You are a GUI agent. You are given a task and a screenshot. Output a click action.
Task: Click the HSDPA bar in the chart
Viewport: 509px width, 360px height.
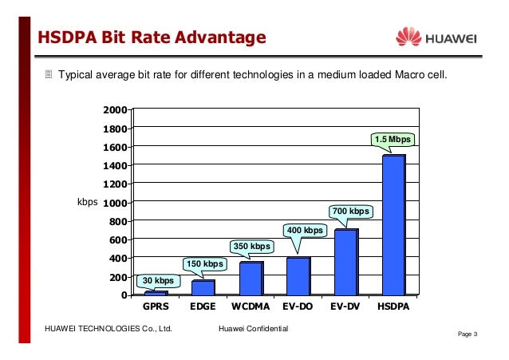[x=394, y=225]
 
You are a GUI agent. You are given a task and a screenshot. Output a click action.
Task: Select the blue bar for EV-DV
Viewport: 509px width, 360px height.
[x=346, y=262]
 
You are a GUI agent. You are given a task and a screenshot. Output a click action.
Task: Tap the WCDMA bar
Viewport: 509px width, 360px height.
[x=251, y=279]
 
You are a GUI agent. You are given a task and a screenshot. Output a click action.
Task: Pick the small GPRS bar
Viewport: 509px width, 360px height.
[x=156, y=293]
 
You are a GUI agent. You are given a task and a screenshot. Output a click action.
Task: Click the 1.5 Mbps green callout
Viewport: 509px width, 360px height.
[x=393, y=140]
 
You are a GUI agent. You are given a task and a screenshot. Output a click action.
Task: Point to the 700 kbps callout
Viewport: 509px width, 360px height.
[x=351, y=212]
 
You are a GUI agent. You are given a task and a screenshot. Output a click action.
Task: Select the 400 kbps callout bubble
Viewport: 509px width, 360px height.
[x=305, y=231]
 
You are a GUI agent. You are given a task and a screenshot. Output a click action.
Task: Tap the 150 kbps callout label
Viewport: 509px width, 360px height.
[x=205, y=264]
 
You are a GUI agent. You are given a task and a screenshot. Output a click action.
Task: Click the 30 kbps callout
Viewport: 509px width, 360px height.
[x=158, y=281]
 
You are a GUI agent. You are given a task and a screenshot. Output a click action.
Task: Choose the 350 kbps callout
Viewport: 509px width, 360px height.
[x=252, y=247]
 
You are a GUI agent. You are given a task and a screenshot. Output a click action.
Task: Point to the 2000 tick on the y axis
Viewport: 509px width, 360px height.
[x=115, y=110]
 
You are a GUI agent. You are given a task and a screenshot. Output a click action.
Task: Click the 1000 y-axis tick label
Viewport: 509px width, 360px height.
[x=115, y=204]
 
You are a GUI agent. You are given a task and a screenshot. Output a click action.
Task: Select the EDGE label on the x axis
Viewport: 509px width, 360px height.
[x=203, y=307]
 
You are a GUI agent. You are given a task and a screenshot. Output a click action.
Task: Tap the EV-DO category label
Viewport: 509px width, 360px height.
[x=298, y=307]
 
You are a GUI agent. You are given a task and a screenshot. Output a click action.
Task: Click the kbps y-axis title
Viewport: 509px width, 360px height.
[x=87, y=202]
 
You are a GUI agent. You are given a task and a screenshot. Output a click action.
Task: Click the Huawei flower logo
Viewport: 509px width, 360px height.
[x=408, y=37]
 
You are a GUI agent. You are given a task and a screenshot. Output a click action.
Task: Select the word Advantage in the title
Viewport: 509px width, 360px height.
[x=220, y=38]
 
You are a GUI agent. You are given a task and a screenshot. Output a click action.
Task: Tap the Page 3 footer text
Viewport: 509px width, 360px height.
[x=468, y=334]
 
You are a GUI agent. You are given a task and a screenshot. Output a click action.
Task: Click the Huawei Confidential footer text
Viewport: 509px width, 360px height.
[x=254, y=329]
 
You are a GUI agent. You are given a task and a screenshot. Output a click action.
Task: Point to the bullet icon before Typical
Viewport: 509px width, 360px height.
[x=49, y=74]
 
